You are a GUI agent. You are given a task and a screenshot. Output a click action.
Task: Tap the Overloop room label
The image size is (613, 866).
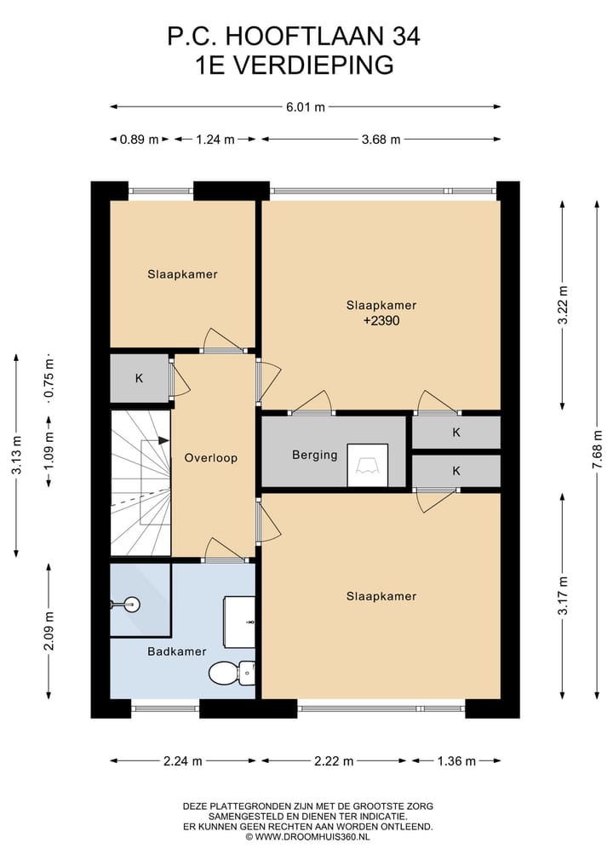(211, 458)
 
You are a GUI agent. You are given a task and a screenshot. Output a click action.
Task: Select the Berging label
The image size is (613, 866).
(315, 455)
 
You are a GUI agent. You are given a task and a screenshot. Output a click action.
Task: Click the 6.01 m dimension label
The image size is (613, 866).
(306, 107)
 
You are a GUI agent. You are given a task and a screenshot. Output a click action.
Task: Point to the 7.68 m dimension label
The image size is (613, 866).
(597, 450)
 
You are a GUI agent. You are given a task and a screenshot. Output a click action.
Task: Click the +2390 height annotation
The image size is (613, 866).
(381, 320)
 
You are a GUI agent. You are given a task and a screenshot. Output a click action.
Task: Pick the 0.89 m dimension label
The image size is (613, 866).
(139, 139)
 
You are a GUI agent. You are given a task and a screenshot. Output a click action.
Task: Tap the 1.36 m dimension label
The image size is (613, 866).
(456, 761)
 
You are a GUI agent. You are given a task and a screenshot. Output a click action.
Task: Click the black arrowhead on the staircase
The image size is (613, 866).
(163, 440)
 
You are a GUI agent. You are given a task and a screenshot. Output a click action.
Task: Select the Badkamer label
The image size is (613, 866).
(177, 651)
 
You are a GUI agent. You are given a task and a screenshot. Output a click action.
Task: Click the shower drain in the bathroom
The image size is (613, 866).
(131, 605)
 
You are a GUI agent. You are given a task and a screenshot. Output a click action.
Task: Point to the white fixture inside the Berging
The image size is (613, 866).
(367, 465)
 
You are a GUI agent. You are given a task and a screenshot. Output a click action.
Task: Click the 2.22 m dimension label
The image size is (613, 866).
(334, 761)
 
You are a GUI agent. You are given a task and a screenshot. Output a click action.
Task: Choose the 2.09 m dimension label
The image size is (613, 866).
(49, 631)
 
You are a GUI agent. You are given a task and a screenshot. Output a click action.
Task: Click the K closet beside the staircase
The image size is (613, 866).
(139, 378)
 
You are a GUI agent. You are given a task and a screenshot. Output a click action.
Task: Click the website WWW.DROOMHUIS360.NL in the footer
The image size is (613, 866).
(312, 837)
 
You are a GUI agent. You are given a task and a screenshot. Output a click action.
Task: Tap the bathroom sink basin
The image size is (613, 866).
(239, 622)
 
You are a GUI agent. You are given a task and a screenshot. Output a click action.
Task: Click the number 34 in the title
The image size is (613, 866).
(406, 37)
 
